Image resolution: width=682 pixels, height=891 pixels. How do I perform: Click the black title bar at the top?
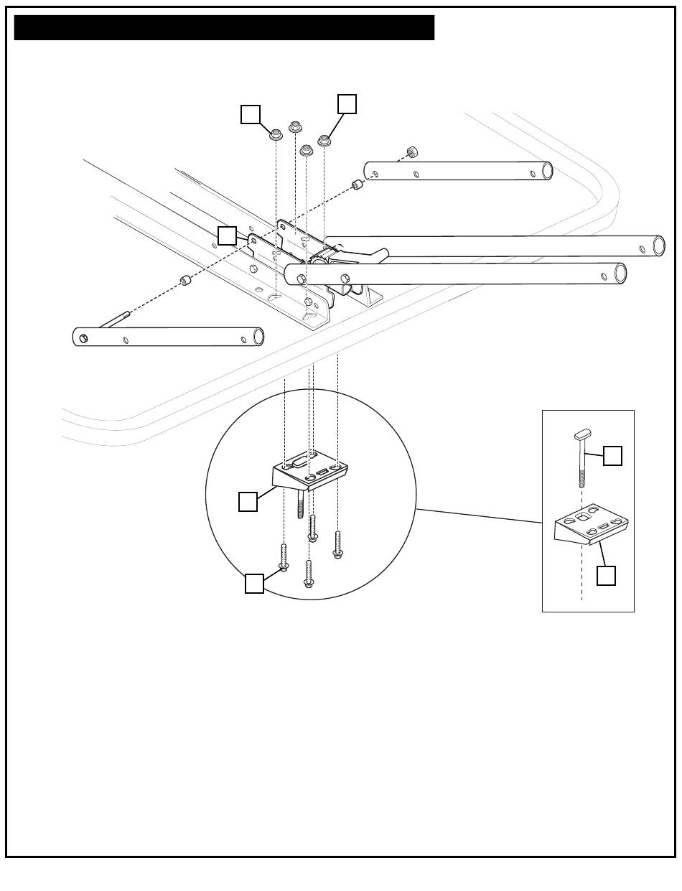(x=224, y=27)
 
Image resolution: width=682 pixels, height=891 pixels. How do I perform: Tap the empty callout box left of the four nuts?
(x=250, y=114)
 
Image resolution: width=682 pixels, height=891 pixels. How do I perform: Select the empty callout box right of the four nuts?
(x=347, y=103)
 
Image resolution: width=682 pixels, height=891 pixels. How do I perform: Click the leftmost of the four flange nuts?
(x=276, y=134)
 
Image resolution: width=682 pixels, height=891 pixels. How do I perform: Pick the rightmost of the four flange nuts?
(x=324, y=140)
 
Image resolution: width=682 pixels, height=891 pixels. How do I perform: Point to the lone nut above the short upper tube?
(x=412, y=152)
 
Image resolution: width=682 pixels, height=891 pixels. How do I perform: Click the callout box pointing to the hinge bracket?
(x=227, y=235)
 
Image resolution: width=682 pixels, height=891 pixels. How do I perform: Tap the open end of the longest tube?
(x=658, y=246)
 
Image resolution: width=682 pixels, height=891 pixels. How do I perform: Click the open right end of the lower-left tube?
(x=258, y=336)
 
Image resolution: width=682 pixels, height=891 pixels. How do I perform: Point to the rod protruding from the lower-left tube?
(x=113, y=319)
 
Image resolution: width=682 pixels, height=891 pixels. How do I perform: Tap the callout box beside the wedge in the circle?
(x=248, y=501)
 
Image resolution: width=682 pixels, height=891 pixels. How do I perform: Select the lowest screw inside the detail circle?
(x=309, y=574)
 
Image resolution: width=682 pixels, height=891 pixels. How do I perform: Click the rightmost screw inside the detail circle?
(x=337, y=544)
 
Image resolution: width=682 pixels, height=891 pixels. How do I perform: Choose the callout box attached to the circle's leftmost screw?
(x=254, y=584)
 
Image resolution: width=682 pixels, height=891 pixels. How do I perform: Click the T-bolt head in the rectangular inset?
(x=582, y=434)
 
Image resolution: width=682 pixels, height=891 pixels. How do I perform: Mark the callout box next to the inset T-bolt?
(x=612, y=455)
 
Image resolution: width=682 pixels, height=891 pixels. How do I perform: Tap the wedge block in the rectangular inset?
(x=591, y=526)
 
